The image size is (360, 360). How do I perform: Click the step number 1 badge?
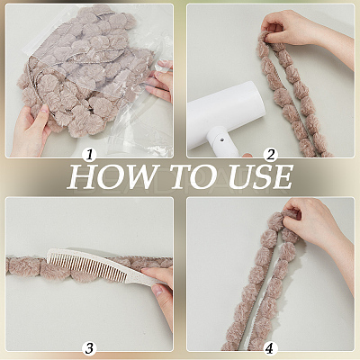[89, 155]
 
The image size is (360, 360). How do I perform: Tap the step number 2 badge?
[271, 155]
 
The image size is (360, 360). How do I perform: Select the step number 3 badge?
[89, 348]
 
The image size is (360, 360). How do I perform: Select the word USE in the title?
[260, 176]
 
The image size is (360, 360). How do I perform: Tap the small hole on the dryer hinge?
[221, 139]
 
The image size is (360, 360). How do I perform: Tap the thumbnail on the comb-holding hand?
[157, 290]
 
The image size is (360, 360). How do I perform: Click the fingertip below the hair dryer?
[247, 155]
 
